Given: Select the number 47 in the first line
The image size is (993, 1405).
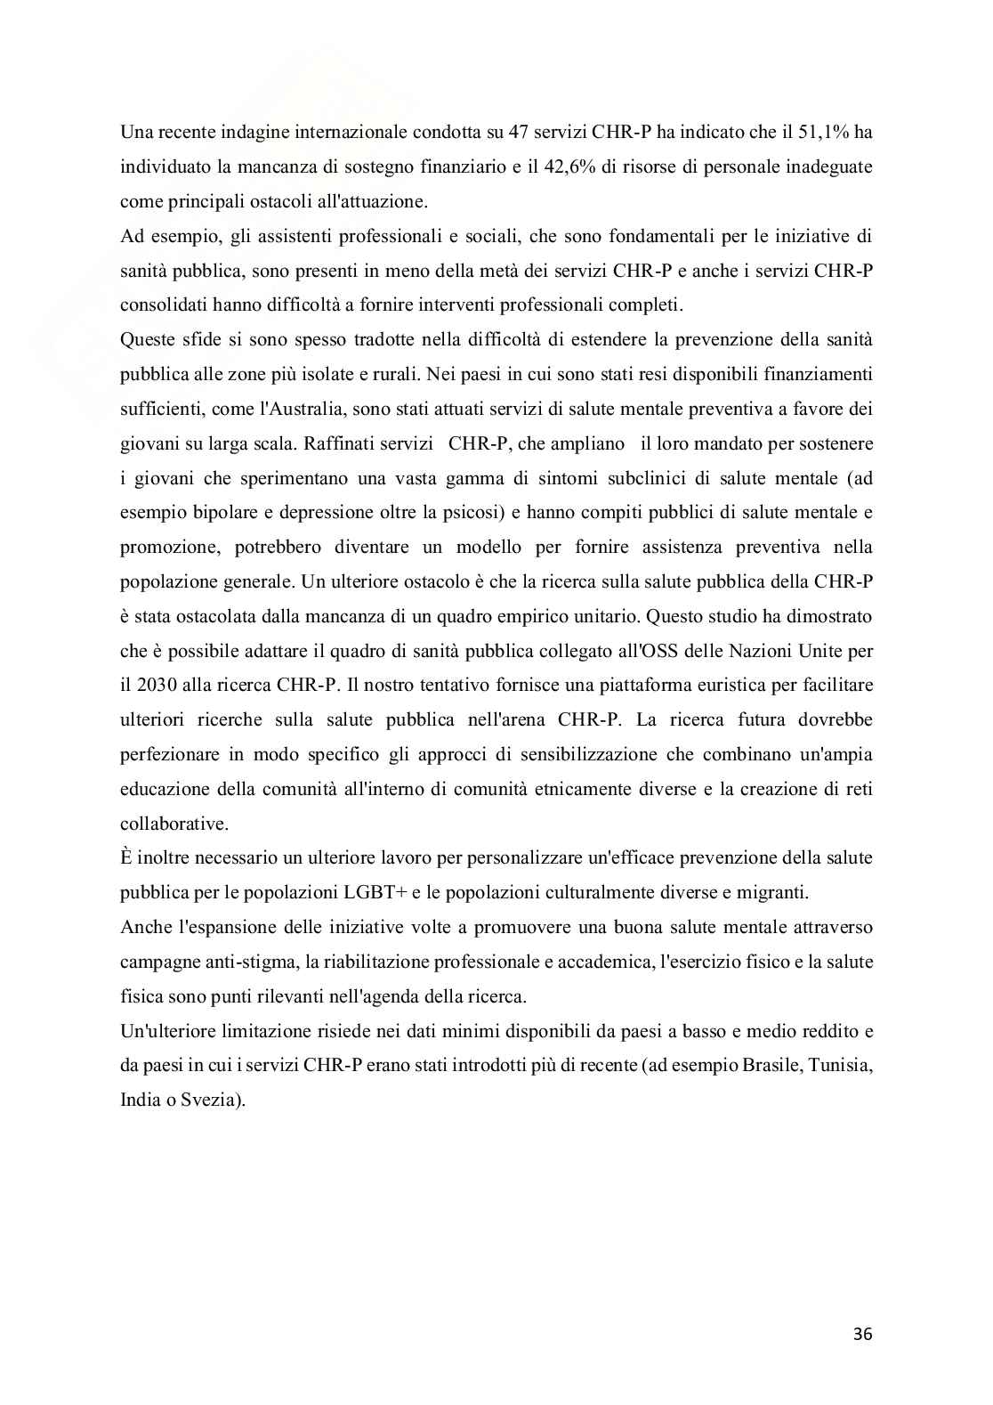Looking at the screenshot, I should tap(518, 133).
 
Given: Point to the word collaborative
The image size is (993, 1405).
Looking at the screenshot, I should tap(174, 824).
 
